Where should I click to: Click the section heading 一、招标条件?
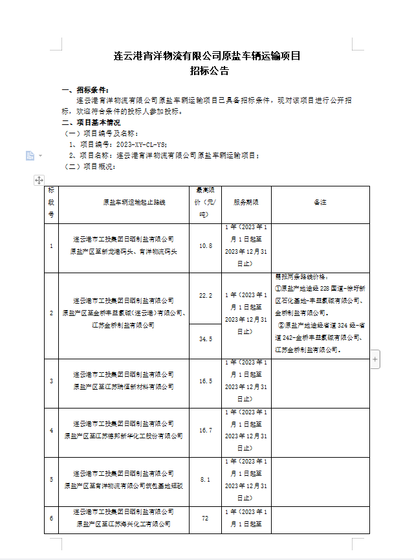85,90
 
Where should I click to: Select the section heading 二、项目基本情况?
91,122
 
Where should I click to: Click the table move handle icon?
39,180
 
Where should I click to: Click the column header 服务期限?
246,203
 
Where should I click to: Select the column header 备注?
320,203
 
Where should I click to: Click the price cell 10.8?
206,246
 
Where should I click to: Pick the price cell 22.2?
206,295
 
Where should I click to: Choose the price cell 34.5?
206,339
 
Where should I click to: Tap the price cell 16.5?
206,381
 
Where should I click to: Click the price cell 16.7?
206,430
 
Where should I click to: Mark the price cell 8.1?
206,480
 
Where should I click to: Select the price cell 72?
206,519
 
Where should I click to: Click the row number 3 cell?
52,381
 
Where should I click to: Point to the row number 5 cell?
52,480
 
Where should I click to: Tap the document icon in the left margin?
30,155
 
